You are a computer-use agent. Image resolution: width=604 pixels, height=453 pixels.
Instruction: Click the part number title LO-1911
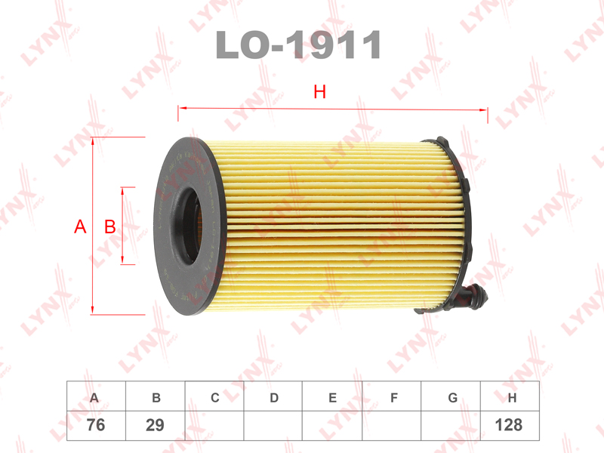(298, 45)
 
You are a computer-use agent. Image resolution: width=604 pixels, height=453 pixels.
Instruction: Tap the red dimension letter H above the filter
(319, 91)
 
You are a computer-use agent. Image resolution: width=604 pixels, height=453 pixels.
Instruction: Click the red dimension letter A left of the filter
(80, 226)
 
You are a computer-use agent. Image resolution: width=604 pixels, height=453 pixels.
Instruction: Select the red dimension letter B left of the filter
(110, 226)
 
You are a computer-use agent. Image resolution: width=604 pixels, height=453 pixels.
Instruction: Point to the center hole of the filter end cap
(190, 226)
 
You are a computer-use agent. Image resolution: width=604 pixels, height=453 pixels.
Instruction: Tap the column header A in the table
(94, 398)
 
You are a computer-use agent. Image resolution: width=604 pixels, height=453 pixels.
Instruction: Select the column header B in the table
(156, 398)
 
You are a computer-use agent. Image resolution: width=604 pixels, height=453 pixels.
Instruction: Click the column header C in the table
(215, 398)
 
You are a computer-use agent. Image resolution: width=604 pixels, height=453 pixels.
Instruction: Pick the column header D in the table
(274, 398)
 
